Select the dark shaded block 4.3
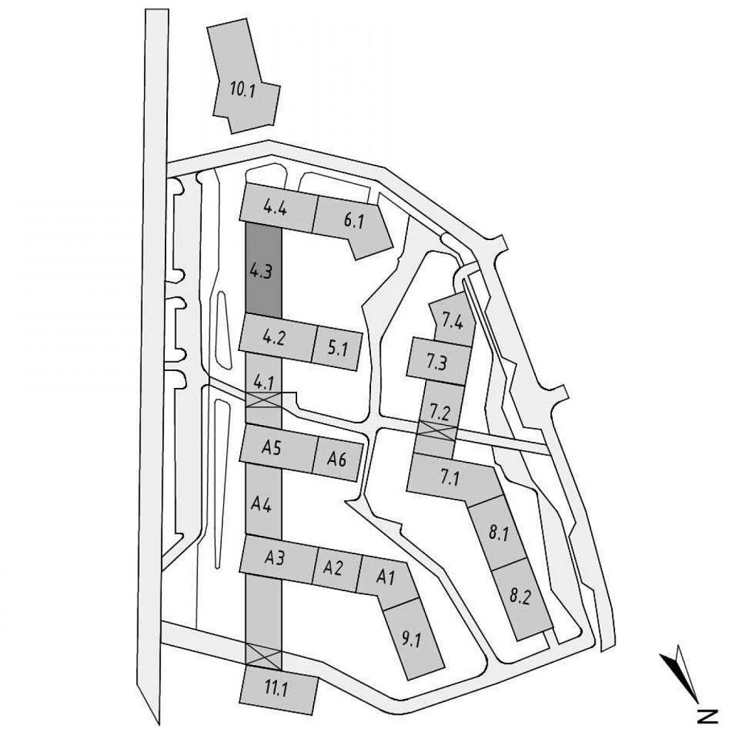coord(262,270)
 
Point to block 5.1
coord(338,346)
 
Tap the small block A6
coord(337,457)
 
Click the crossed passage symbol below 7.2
coord(436,430)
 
